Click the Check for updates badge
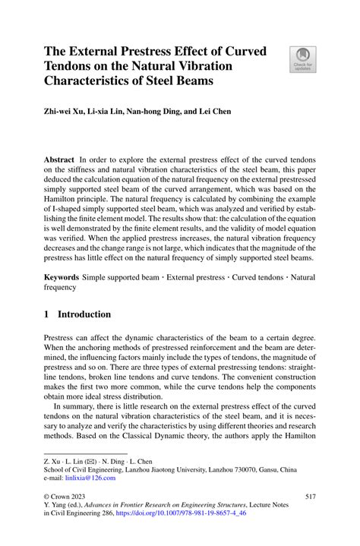coord(302,59)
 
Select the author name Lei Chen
coord(215,111)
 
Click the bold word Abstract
coord(58,160)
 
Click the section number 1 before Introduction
coord(47,314)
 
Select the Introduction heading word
coord(85,314)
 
